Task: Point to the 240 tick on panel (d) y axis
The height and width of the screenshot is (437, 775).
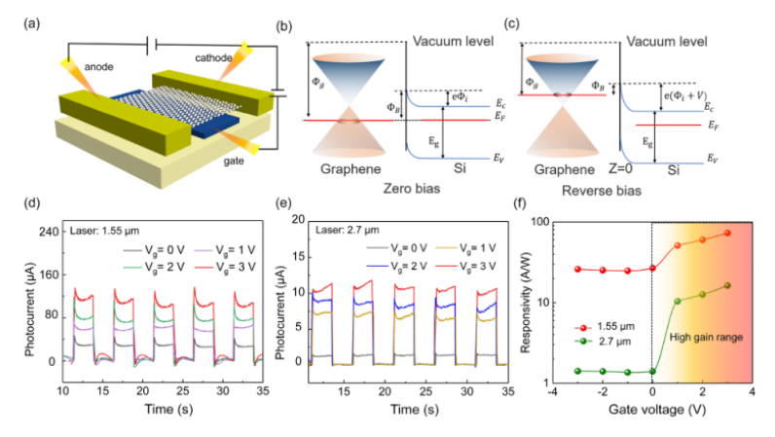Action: click(x=46, y=233)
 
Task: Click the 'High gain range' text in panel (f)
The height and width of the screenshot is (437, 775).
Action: click(x=706, y=337)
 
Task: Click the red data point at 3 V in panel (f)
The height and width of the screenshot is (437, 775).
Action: click(x=726, y=234)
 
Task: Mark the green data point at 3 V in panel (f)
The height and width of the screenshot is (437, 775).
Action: click(x=726, y=285)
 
